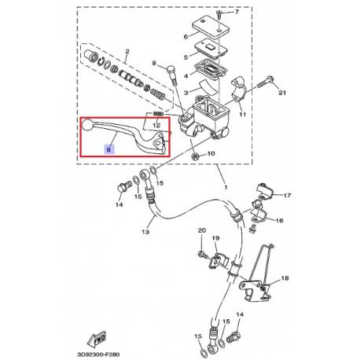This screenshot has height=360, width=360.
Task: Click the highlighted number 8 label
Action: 109,149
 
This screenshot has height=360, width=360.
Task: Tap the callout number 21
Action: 282,93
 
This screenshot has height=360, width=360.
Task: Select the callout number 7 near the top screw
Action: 237,12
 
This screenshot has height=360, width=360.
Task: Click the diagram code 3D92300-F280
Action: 98,354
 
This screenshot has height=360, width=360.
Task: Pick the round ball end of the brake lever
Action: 87,125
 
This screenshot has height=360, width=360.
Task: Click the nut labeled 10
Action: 195,156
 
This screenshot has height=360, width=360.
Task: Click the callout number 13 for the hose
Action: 145,232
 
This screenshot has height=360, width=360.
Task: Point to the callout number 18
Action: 285,278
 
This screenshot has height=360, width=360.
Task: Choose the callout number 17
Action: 287,195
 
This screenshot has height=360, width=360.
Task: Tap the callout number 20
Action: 202,230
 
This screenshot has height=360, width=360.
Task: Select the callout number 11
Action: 243,114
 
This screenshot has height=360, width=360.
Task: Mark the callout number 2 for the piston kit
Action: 127,52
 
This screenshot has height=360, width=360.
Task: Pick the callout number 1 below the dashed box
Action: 226,188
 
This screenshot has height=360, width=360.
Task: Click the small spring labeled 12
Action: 159,113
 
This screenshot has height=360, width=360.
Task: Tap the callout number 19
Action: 215,238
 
